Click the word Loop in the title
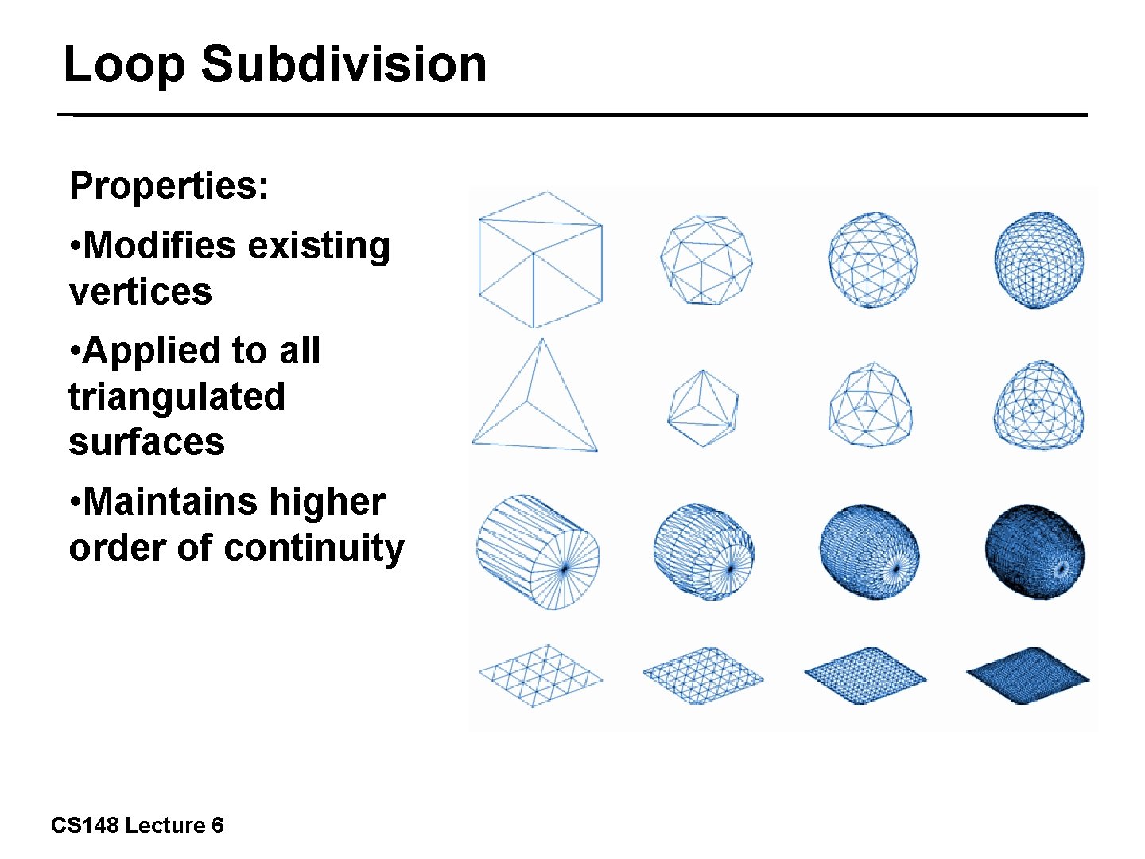[125, 64]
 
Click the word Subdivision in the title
[343, 64]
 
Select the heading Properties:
[169, 186]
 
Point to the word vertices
[141, 291]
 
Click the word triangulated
[177, 396]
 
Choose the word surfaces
[147, 442]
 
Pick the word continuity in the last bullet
[314, 548]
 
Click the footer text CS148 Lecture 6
[137, 826]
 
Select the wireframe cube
[540, 259]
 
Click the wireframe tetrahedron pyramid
[535, 398]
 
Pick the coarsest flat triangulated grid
[540, 675]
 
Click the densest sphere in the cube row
[1039, 259]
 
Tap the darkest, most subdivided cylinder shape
[1034, 551]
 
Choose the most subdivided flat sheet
[1027, 676]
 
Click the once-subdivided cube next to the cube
[706, 259]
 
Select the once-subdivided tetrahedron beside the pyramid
[703, 408]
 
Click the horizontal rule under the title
[572, 115]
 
